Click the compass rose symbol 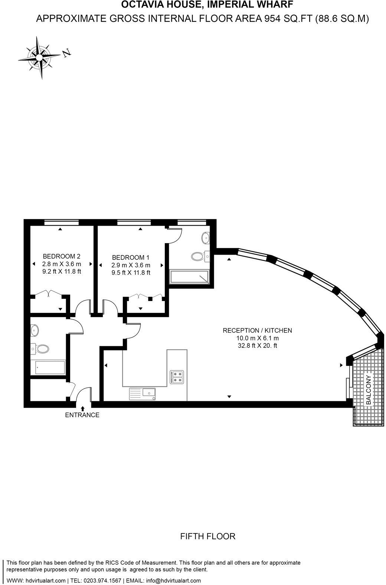pyautogui.click(x=39, y=57)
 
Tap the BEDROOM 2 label pyautogui.click(x=62, y=256)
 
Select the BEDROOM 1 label pyautogui.click(x=131, y=257)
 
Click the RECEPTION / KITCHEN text pyautogui.click(x=257, y=330)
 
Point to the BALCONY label pyautogui.click(x=369, y=390)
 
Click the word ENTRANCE pyautogui.click(x=82, y=415)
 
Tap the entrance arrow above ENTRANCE pyautogui.click(x=82, y=408)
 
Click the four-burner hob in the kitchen pyautogui.click(x=177, y=377)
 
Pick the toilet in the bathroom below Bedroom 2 pyautogui.click(x=42, y=349)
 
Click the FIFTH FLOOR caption pyautogui.click(x=207, y=536)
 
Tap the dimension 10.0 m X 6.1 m pyautogui.click(x=257, y=338)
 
